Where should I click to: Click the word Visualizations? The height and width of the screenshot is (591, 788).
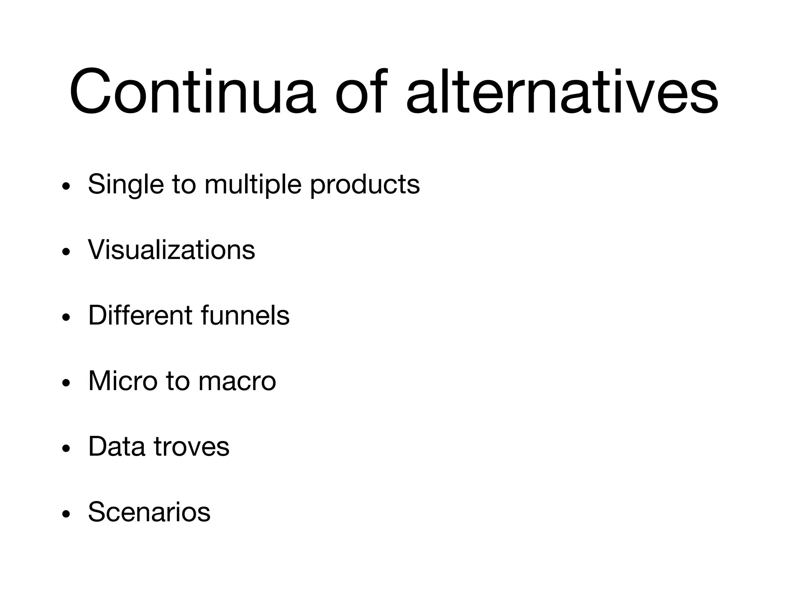click(x=171, y=250)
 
